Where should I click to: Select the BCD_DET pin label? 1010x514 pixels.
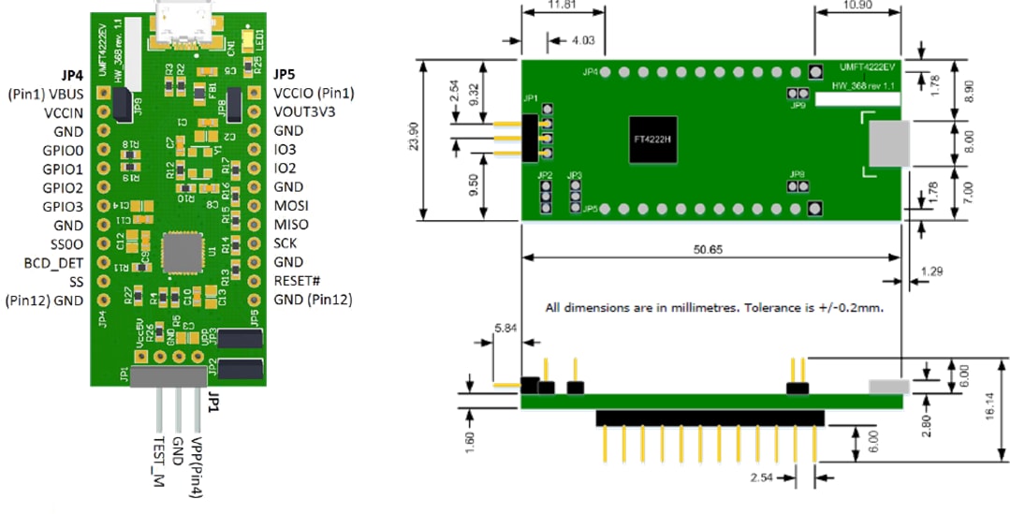tap(52, 262)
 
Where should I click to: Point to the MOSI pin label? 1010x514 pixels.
tap(291, 206)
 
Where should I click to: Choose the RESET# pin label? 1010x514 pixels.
tap(298, 280)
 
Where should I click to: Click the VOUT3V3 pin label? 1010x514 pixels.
tap(304, 111)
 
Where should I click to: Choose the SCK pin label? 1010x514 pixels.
tap(286, 242)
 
